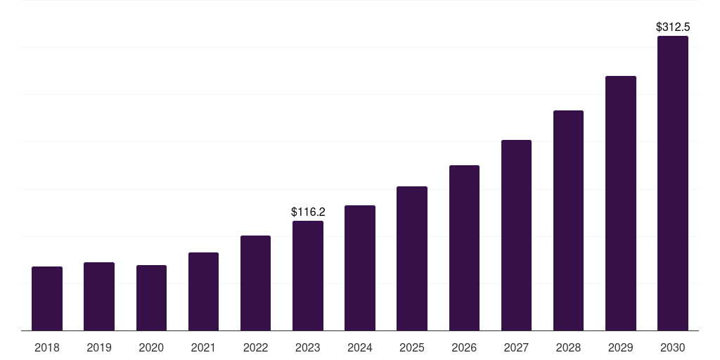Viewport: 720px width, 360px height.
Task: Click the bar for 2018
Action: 47,299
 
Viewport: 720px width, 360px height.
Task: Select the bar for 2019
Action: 99,297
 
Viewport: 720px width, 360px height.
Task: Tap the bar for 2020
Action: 151,298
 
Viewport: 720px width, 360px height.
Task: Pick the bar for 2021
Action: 203,292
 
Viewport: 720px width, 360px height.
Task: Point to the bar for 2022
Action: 255,283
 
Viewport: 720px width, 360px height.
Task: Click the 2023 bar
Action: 308,276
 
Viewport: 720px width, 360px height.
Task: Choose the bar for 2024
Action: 360,268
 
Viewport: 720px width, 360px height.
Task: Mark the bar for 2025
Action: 412,259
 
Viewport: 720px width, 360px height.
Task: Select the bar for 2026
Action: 464,248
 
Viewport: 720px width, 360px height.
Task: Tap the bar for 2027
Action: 516,236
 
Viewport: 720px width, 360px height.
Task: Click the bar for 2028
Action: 568,221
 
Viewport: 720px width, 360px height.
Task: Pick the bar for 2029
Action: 620,203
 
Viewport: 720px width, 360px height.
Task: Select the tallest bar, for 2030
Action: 673,184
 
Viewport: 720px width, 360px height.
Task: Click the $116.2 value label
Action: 308,212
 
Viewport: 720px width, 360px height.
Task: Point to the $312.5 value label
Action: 673,27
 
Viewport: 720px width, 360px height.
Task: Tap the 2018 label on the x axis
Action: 47,347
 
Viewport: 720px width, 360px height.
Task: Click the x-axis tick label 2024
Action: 360,347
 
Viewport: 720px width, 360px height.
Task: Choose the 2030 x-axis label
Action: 673,347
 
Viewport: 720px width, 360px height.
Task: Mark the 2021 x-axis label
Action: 203,347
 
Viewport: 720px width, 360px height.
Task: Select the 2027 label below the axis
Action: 516,347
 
